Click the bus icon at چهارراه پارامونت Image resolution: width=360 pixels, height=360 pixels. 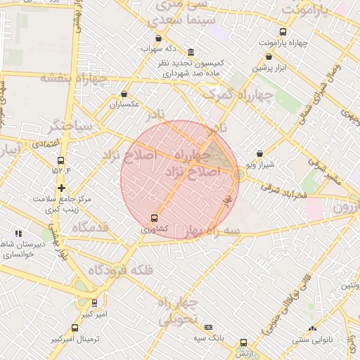coord(283,32)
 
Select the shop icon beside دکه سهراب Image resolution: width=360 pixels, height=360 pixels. coord(158,39)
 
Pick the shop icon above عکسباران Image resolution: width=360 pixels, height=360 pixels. coord(124,94)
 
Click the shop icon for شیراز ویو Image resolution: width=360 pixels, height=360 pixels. coord(260,153)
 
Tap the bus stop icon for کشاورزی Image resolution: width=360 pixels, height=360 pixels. coord(155,218)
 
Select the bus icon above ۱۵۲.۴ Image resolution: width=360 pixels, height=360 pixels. coord(62,160)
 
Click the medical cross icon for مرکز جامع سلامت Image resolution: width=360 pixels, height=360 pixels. coord(63,188)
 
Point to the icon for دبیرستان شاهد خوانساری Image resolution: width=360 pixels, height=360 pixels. coord(18,233)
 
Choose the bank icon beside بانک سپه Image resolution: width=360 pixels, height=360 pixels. coord(209,327)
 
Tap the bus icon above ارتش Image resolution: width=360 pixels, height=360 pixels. coord(243,342)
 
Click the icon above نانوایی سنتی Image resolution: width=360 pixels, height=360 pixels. coord(313,328)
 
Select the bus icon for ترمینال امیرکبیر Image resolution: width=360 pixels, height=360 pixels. coord(76,328)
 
